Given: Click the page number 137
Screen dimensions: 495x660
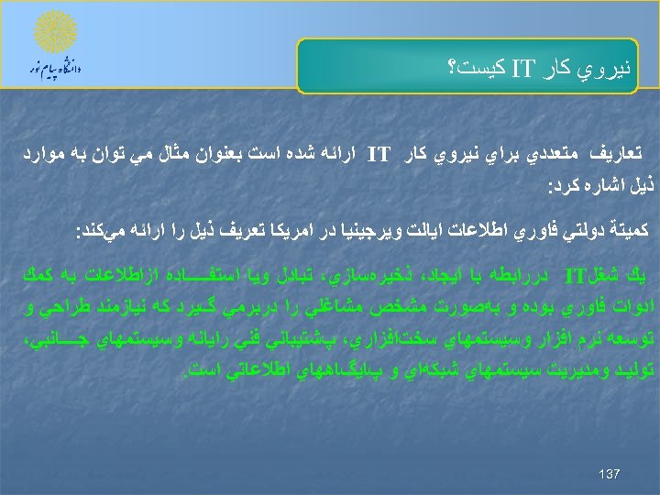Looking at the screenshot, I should (609, 473).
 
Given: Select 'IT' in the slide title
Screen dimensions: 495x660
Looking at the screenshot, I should (523, 67).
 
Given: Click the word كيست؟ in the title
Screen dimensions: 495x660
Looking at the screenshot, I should (478, 67).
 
